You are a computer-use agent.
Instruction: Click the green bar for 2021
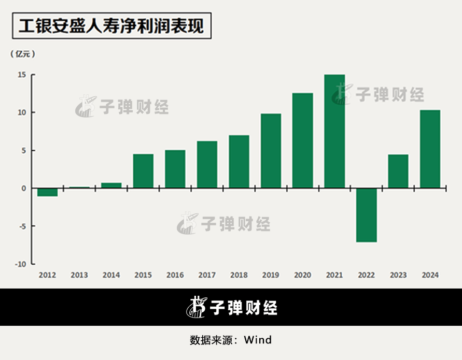pyautogui.click(x=334, y=131)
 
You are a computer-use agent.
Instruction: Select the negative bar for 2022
pyautogui.click(x=366, y=215)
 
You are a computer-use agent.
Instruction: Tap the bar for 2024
pyautogui.click(x=430, y=149)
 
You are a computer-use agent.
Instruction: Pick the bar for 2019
pyautogui.click(x=271, y=151)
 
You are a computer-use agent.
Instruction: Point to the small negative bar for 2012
pyautogui.click(x=48, y=192)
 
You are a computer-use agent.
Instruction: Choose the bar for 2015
pyautogui.click(x=143, y=171)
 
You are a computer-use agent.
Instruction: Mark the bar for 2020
pyautogui.click(x=303, y=140)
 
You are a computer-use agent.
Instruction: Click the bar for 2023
pyautogui.click(x=398, y=171)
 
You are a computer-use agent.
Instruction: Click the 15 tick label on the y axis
pyautogui.click(x=21, y=75)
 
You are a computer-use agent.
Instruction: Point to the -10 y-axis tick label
pyautogui.click(x=20, y=264)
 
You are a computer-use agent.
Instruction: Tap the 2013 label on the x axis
pyautogui.click(x=79, y=275)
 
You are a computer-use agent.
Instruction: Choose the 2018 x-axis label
pyautogui.click(x=239, y=275)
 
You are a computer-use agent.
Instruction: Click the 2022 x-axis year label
pyautogui.click(x=366, y=275)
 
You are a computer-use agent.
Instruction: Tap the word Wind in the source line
pyautogui.click(x=258, y=340)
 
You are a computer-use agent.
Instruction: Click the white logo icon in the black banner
pyautogui.click(x=197, y=307)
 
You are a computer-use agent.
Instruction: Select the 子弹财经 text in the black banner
pyautogui.click(x=243, y=308)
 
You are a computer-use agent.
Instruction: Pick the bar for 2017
pyautogui.click(x=207, y=164)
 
